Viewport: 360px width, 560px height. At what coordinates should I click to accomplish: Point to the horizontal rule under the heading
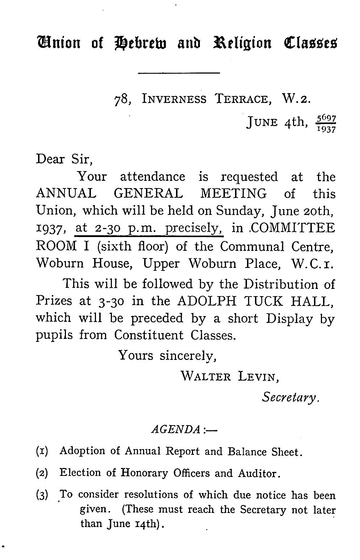coord(179,74)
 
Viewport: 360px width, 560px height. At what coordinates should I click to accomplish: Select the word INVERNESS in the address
coord(175,99)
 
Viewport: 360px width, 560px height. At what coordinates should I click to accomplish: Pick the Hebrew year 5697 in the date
coord(326,118)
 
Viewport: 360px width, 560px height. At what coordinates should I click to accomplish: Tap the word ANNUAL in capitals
coord(66,194)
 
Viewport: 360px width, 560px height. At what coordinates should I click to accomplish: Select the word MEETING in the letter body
coord(233,194)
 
